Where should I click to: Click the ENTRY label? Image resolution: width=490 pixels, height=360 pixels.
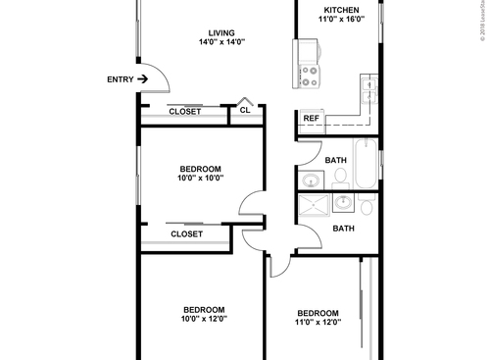[x=121, y=78]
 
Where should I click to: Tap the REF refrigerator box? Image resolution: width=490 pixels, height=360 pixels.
[x=311, y=119]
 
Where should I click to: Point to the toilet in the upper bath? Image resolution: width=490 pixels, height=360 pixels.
[x=340, y=177]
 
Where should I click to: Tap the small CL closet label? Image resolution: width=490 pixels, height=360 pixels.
[x=244, y=112]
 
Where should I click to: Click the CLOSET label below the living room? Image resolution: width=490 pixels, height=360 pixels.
[x=185, y=112]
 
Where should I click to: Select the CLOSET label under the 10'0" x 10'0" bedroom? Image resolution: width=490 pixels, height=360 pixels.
[x=187, y=234]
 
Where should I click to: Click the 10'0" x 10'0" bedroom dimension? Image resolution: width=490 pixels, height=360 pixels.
[x=201, y=179]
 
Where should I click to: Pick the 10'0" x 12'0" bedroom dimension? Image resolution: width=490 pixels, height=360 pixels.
[x=203, y=319]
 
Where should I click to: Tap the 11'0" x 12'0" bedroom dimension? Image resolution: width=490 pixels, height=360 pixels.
[x=318, y=323]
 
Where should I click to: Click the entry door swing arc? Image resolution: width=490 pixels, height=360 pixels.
[x=157, y=82]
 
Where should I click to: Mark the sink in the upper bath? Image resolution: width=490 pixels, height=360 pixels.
[x=313, y=180]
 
